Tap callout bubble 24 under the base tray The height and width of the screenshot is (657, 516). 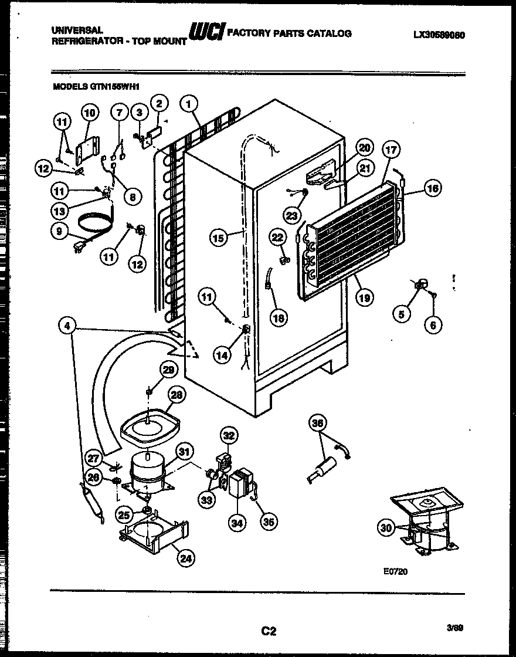(x=185, y=558)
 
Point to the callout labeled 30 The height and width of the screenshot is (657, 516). (x=385, y=528)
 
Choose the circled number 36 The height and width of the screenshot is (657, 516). (x=318, y=422)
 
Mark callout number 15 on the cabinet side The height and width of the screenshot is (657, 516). (x=218, y=238)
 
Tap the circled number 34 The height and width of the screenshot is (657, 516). (x=237, y=524)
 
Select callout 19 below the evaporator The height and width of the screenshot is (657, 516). (x=364, y=297)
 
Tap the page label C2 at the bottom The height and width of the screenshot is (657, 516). (x=268, y=631)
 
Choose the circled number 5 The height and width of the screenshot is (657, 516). (x=402, y=315)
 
